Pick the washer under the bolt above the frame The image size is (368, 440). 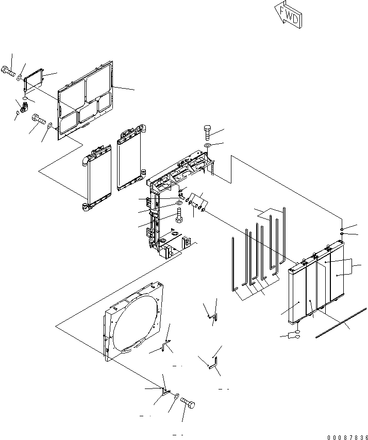coord(207,147)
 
